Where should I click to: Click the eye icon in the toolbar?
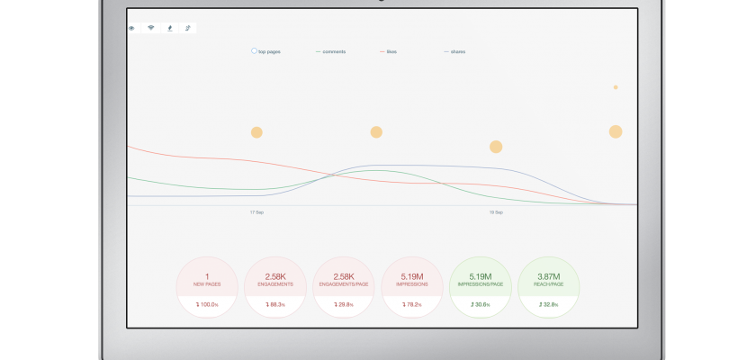tap(132, 28)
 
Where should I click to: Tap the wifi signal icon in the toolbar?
tap(151, 28)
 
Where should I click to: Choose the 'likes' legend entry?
tap(391, 51)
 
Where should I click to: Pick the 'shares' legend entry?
tap(456, 51)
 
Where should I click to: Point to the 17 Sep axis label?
tap(256, 212)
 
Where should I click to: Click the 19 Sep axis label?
tap(496, 212)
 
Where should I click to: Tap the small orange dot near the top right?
tap(616, 87)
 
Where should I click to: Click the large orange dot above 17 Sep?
tap(256, 132)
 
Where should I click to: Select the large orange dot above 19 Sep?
tap(496, 147)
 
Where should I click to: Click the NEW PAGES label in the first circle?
tap(208, 284)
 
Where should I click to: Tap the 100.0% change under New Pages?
tap(208, 305)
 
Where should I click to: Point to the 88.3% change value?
tap(275, 305)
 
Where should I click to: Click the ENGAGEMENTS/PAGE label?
tap(344, 284)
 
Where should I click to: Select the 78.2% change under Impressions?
tap(412, 305)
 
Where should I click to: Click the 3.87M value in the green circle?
tap(549, 276)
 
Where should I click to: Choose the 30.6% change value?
tap(481, 305)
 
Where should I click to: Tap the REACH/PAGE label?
tap(549, 284)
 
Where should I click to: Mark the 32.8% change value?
tap(549, 305)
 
